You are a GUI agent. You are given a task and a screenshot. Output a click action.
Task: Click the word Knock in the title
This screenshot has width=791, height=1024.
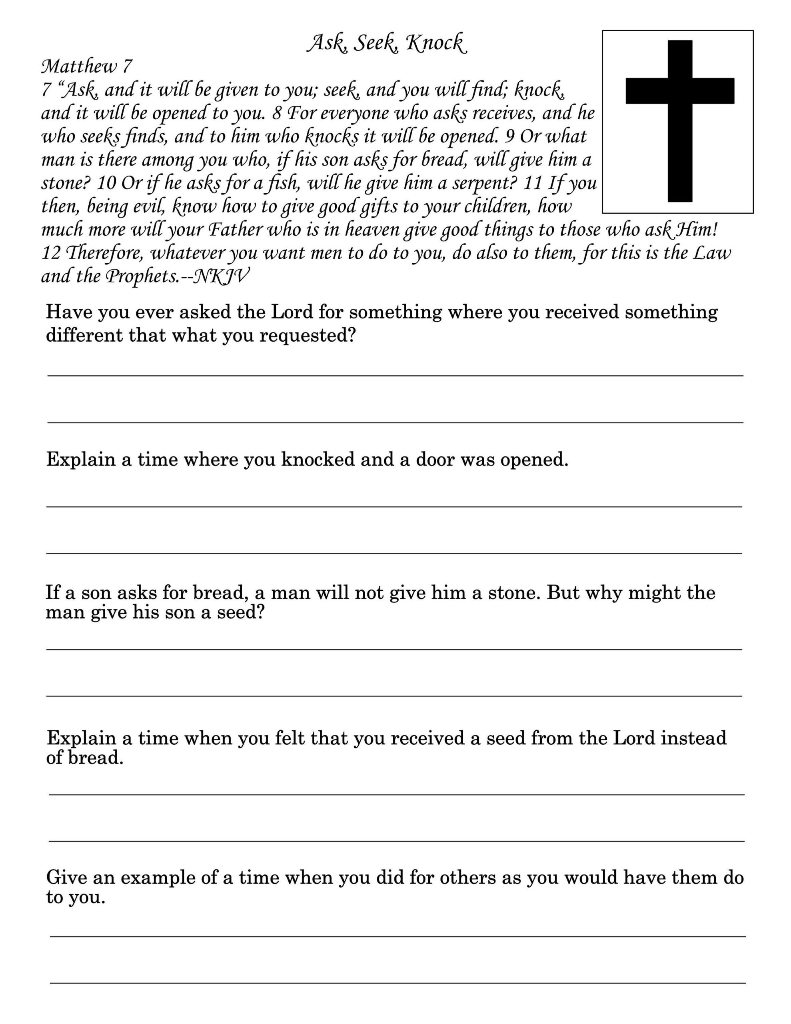tap(436, 43)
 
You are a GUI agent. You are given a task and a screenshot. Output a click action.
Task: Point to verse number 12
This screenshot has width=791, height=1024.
tap(52, 254)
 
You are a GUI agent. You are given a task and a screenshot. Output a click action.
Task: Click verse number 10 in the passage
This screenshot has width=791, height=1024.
tap(106, 183)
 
